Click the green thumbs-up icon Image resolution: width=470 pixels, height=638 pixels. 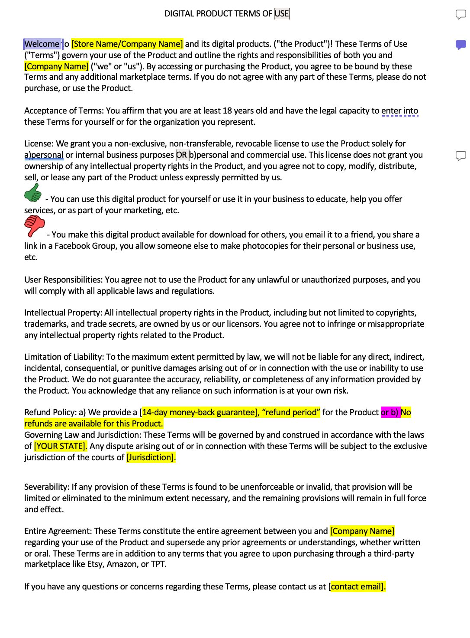pyautogui.click(x=33, y=193)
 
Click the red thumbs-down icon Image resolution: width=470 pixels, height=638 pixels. pyautogui.click(x=34, y=226)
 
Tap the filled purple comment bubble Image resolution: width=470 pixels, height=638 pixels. pyautogui.click(x=460, y=45)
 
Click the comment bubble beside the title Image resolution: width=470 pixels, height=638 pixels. pyautogui.click(x=460, y=15)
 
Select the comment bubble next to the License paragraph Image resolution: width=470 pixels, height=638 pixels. pyautogui.click(x=460, y=156)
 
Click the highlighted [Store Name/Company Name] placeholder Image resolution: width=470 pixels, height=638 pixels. pyautogui.click(x=127, y=44)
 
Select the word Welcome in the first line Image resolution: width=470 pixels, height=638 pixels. pyautogui.click(x=42, y=44)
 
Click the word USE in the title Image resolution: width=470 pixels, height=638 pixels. pyautogui.click(x=282, y=13)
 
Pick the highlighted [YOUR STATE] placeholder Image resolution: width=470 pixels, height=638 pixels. pyautogui.click(x=60, y=446)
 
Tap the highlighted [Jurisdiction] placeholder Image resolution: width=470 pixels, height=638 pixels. pyautogui.click(x=151, y=457)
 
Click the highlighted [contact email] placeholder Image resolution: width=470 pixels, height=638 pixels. pyautogui.click(x=357, y=586)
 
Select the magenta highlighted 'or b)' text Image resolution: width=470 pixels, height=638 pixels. pyautogui.click(x=390, y=412)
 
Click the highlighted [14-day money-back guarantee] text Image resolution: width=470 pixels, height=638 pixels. pyautogui.click(x=199, y=412)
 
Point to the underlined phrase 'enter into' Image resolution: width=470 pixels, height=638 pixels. pyautogui.click(x=399, y=111)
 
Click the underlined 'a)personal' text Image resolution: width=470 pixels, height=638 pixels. pyautogui.click(x=44, y=155)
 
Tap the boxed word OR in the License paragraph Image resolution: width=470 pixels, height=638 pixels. pyautogui.click(x=182, y=155)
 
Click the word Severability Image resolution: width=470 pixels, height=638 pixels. pyautogui.click(x=46, y=487)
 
